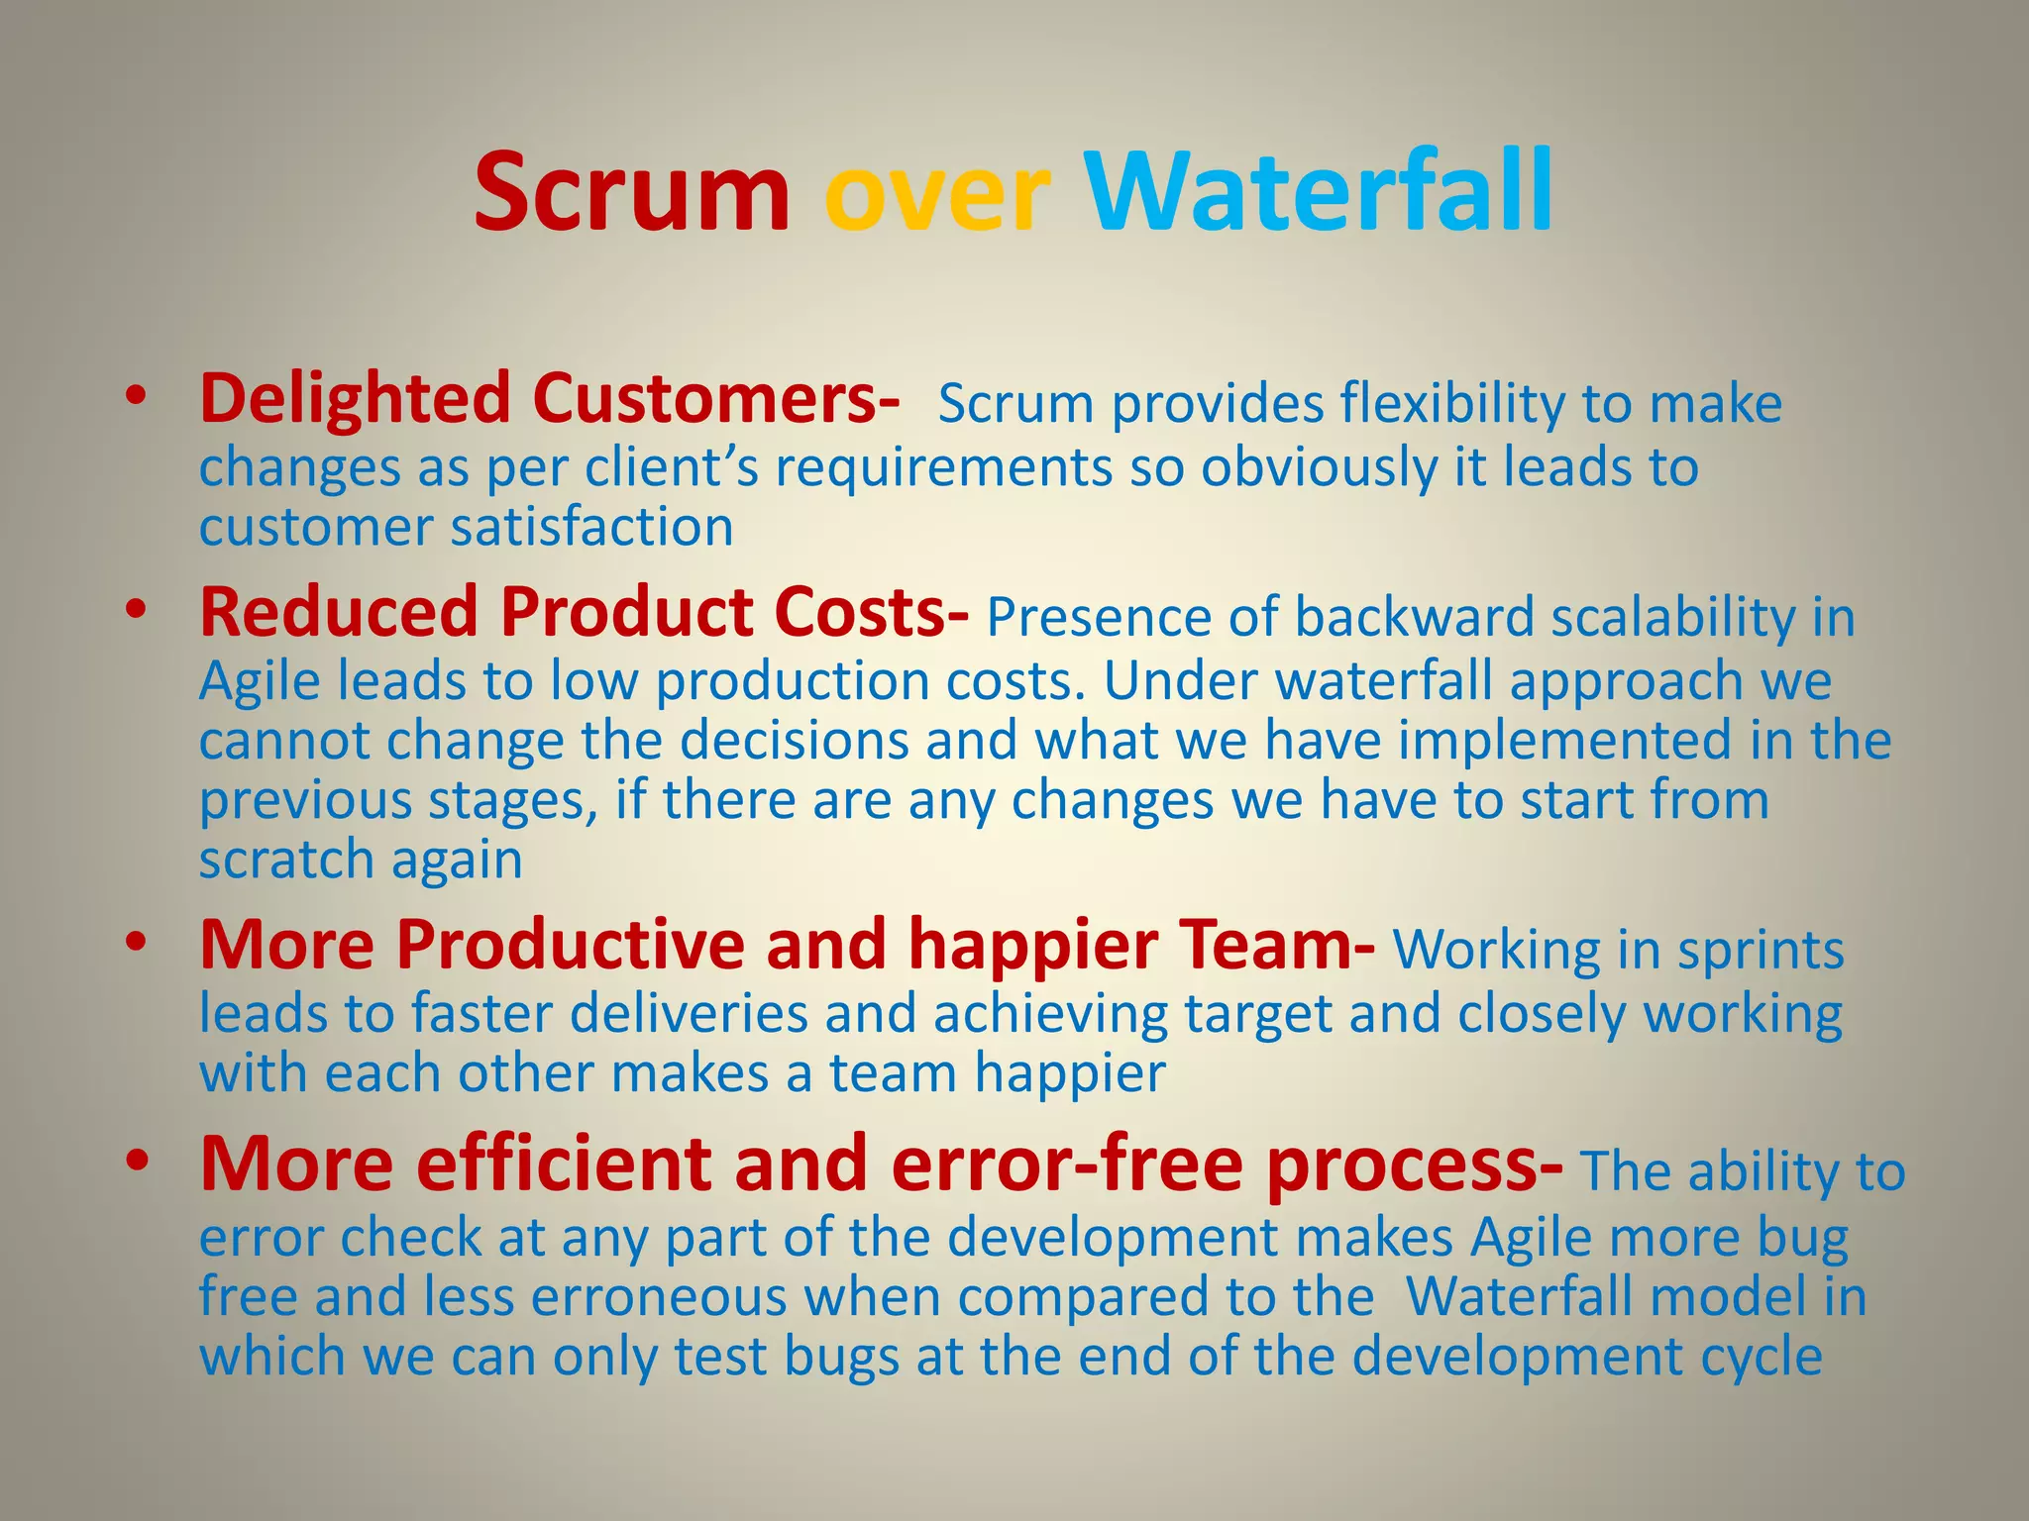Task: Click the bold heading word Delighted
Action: click(355, 399)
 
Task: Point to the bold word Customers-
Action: click(715, 399)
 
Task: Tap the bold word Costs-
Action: click(872, 612)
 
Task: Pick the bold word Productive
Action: click(570, 945)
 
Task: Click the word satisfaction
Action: click(591, 527)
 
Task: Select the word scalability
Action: click(1672, 618)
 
